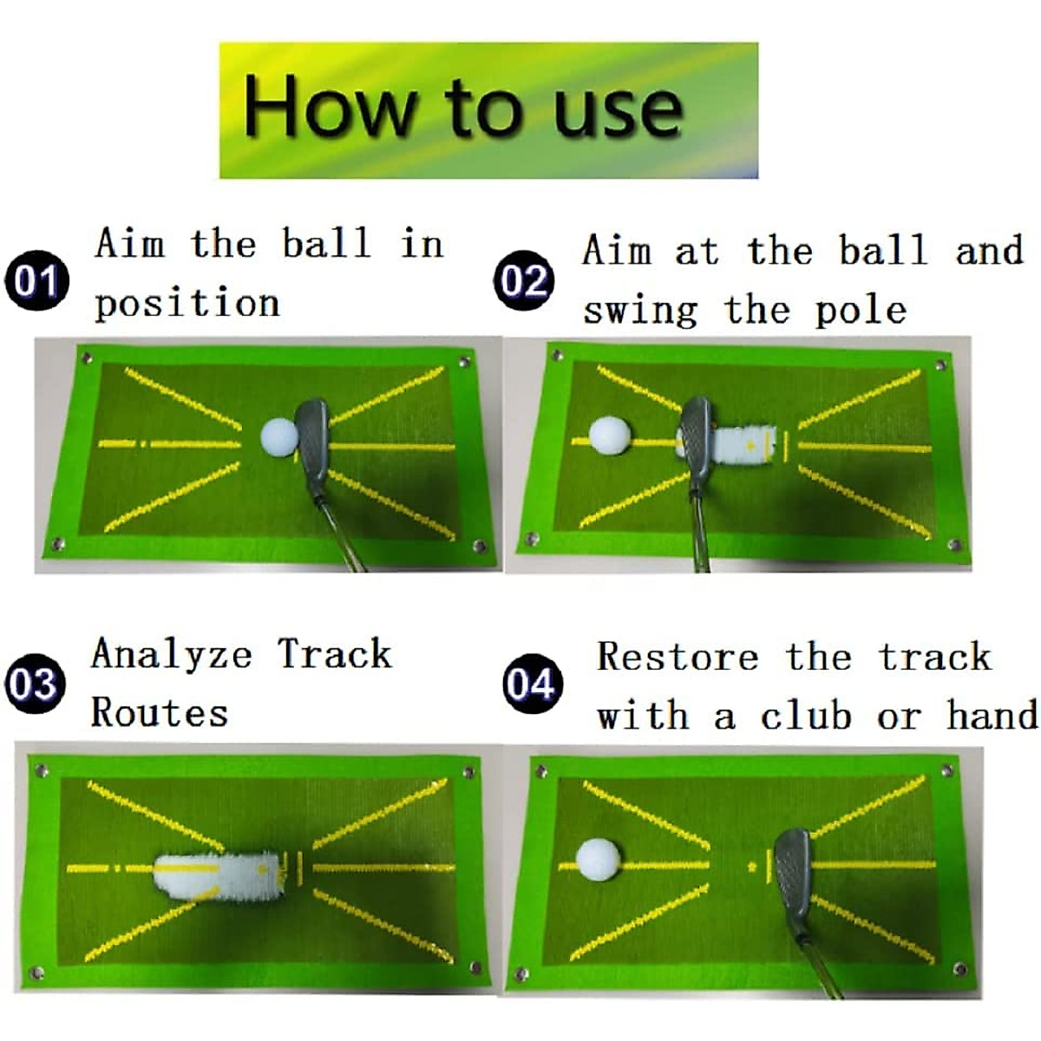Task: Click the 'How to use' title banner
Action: point(488,110)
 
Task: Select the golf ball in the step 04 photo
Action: point(598,859)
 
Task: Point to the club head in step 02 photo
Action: point(695,442)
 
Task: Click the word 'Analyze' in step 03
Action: point(172,655)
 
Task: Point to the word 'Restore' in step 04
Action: point(678,658)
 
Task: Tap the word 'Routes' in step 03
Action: point(160,713)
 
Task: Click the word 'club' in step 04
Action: point(806,717)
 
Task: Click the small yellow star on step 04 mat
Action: point(751,866)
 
